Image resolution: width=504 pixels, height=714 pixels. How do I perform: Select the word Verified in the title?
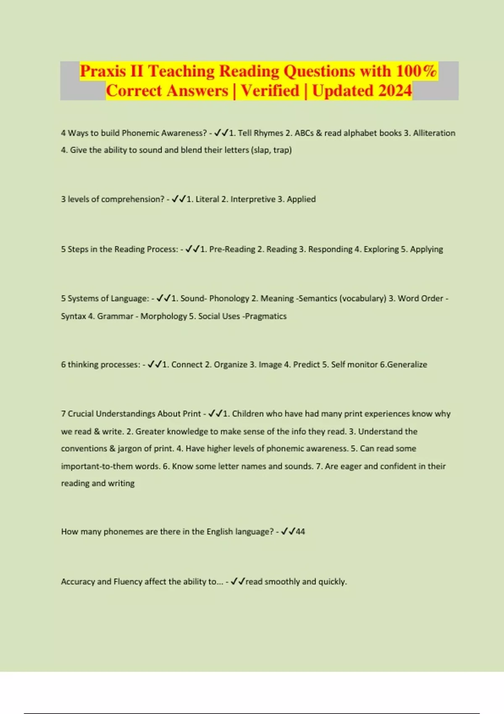pos(270,91)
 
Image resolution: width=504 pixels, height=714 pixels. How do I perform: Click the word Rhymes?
pos(268,133)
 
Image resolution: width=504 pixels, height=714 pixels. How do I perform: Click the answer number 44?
pos(300,532)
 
